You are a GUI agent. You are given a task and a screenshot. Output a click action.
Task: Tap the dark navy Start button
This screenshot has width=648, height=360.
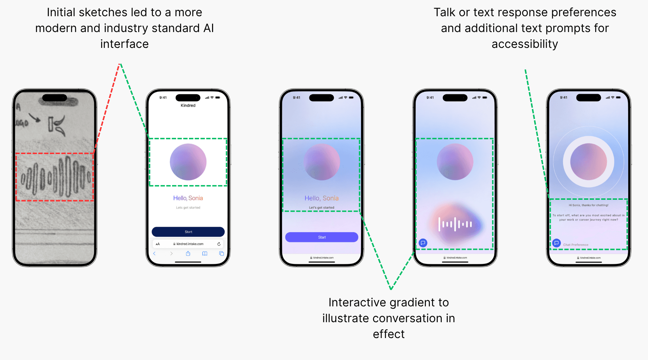[x=188, y=232]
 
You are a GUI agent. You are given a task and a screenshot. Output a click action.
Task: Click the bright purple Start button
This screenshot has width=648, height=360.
[x=321, y=237]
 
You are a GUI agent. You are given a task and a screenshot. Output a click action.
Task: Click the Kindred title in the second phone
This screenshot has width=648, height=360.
[x=188, y=105]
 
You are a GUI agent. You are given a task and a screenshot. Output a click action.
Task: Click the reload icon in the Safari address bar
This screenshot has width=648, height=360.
[x=219, y=244]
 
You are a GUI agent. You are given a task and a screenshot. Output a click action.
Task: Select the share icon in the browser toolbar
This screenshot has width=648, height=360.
[x=188, y=253]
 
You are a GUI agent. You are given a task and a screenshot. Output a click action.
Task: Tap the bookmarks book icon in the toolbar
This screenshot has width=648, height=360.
[x=204, y=253]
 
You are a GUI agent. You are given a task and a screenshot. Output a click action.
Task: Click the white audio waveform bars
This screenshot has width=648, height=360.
[x=455, y=224]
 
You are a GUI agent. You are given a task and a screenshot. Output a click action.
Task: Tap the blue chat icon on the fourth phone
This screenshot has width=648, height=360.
[x=423, y=243]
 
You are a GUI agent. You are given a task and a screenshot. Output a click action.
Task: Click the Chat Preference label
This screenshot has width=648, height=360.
[x=576, y=245]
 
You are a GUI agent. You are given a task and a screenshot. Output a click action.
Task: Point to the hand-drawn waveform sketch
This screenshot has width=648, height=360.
[x=55, y=177]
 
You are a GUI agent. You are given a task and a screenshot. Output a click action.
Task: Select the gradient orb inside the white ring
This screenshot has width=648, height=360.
[x=589, y=162]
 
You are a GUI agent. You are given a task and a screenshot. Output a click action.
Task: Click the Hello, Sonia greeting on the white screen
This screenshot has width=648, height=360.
[x=188, y=198]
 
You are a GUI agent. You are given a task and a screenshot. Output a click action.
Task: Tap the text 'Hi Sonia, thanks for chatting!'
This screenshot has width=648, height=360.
[x=589, y=205]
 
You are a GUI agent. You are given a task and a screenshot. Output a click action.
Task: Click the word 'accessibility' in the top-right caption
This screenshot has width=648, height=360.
[x=525, y=44]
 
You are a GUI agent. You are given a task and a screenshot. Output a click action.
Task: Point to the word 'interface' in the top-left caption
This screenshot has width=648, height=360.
[x=124, y=44]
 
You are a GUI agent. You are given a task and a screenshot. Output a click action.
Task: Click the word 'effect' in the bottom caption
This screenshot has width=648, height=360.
[x=388, y=334]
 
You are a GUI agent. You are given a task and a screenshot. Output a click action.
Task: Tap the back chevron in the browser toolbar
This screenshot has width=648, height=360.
[x=154, y=253]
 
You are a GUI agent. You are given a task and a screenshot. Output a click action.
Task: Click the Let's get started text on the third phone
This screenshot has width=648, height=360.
[x=321, y=208]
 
